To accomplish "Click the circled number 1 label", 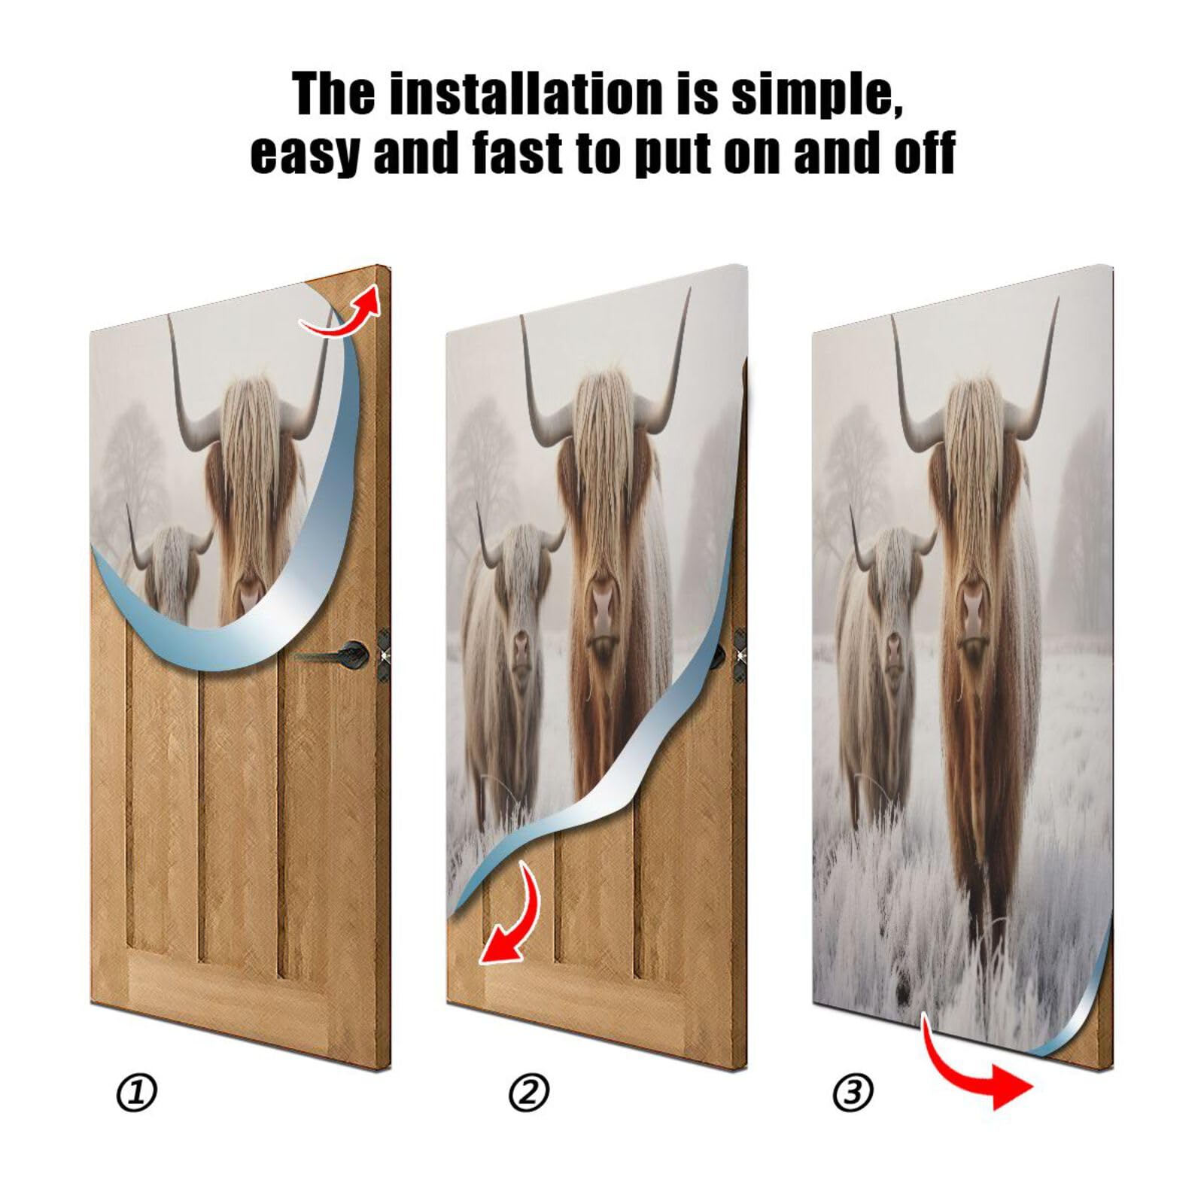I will click(137, 1092).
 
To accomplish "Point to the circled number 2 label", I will click(529, 1092).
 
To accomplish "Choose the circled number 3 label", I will click(853, 1092).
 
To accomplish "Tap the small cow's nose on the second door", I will click(521, 647).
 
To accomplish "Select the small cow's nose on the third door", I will click(892, 647).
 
